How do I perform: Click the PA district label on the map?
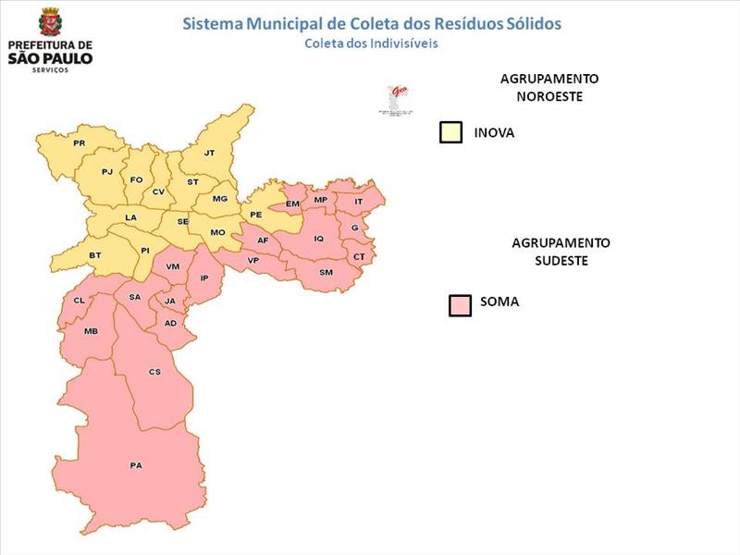tap(136, 465)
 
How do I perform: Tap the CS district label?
tap(154, 372)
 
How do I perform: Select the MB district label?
tap(91, 331)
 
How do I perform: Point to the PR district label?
tap(79, 143)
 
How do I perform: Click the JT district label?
tap(209, 153)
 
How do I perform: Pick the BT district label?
tap(94, 254)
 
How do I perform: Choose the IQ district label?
tap(319, 239)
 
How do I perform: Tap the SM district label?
tap(326, 272)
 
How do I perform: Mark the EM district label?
tap(292, 203)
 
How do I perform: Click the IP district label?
tap(205, 277)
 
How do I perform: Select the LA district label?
tap(130, 217)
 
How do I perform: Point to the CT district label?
tap(359, 256)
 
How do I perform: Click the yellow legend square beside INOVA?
tap(450, 132)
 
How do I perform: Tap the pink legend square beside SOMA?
tap(460, 305)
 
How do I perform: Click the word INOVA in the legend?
tap(494, 133)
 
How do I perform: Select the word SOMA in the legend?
tap(499, 302)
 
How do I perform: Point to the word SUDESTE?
tap(561, 261)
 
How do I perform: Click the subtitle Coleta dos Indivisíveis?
tap(371, 43)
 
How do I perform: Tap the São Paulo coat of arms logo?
tap(49, 22)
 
